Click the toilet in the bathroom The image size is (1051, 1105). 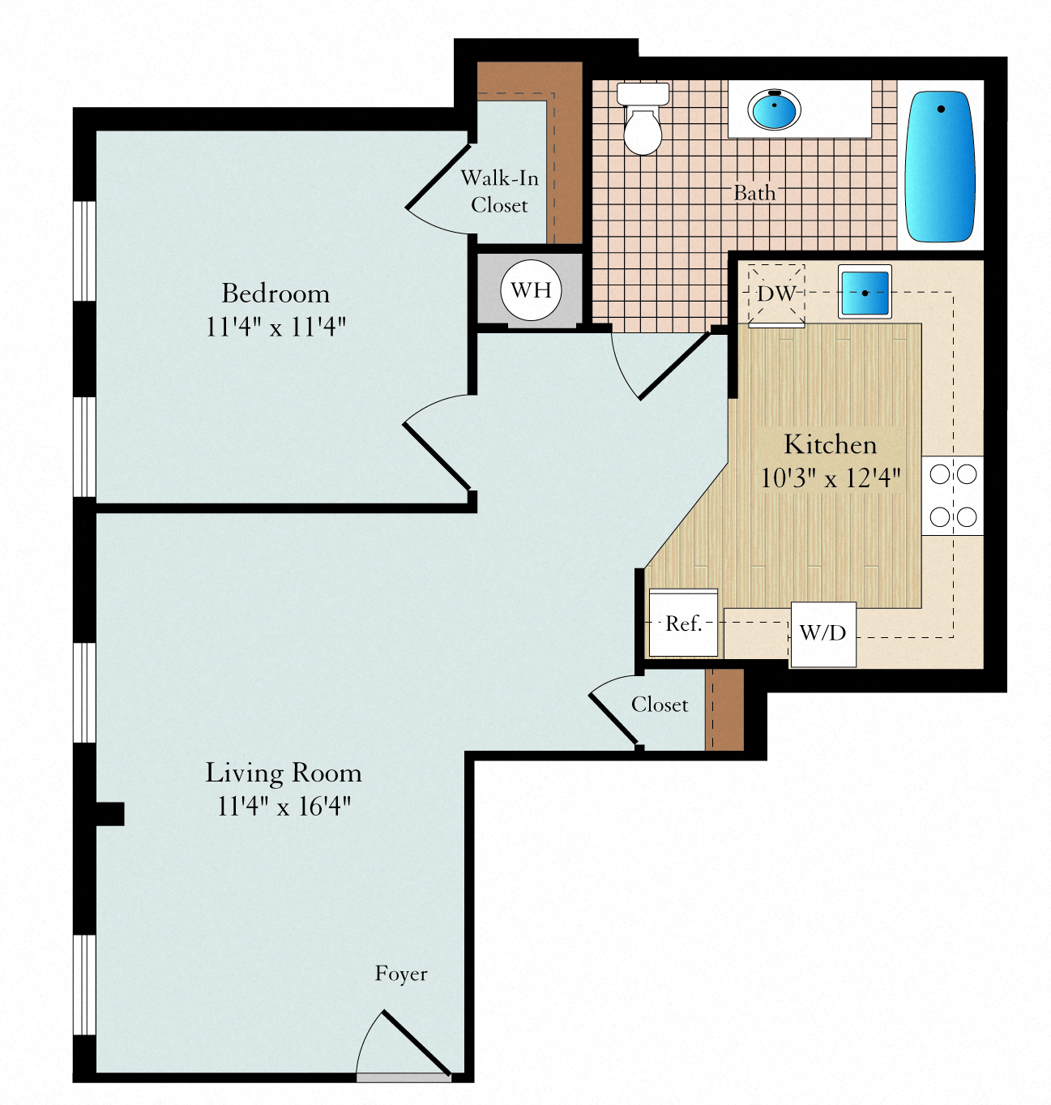(x=643, y=118)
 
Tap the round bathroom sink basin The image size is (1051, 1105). (x=774, y=109)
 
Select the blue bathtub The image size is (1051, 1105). (x=940, y=166)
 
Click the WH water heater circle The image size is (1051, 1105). (x=531, y=290)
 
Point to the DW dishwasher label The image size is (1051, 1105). (x=777, y=293)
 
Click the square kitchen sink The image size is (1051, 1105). (x=865, y=292)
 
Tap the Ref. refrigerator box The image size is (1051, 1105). (x=683, y=622)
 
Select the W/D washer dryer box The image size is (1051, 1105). (x=823, y=635)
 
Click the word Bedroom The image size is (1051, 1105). (x=276, y=293)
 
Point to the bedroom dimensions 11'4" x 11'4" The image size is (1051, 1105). (x=276, y=326)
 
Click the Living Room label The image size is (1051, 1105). (x=284, y=773)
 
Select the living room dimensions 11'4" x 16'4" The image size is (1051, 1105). (x=284, y=806)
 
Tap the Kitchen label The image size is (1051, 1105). (x=830, y=444)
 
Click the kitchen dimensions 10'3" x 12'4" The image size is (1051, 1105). (x=830, y=478)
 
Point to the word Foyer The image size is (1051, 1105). (x=401, y=974)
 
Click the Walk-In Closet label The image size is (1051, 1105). (x=499, y=191)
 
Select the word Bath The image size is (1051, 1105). (x=754, y=193)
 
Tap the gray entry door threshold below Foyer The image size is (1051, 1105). (x=404, y=1077)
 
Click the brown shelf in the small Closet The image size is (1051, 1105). (x=724, y=709)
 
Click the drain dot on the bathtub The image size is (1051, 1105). (x=941, y=109)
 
